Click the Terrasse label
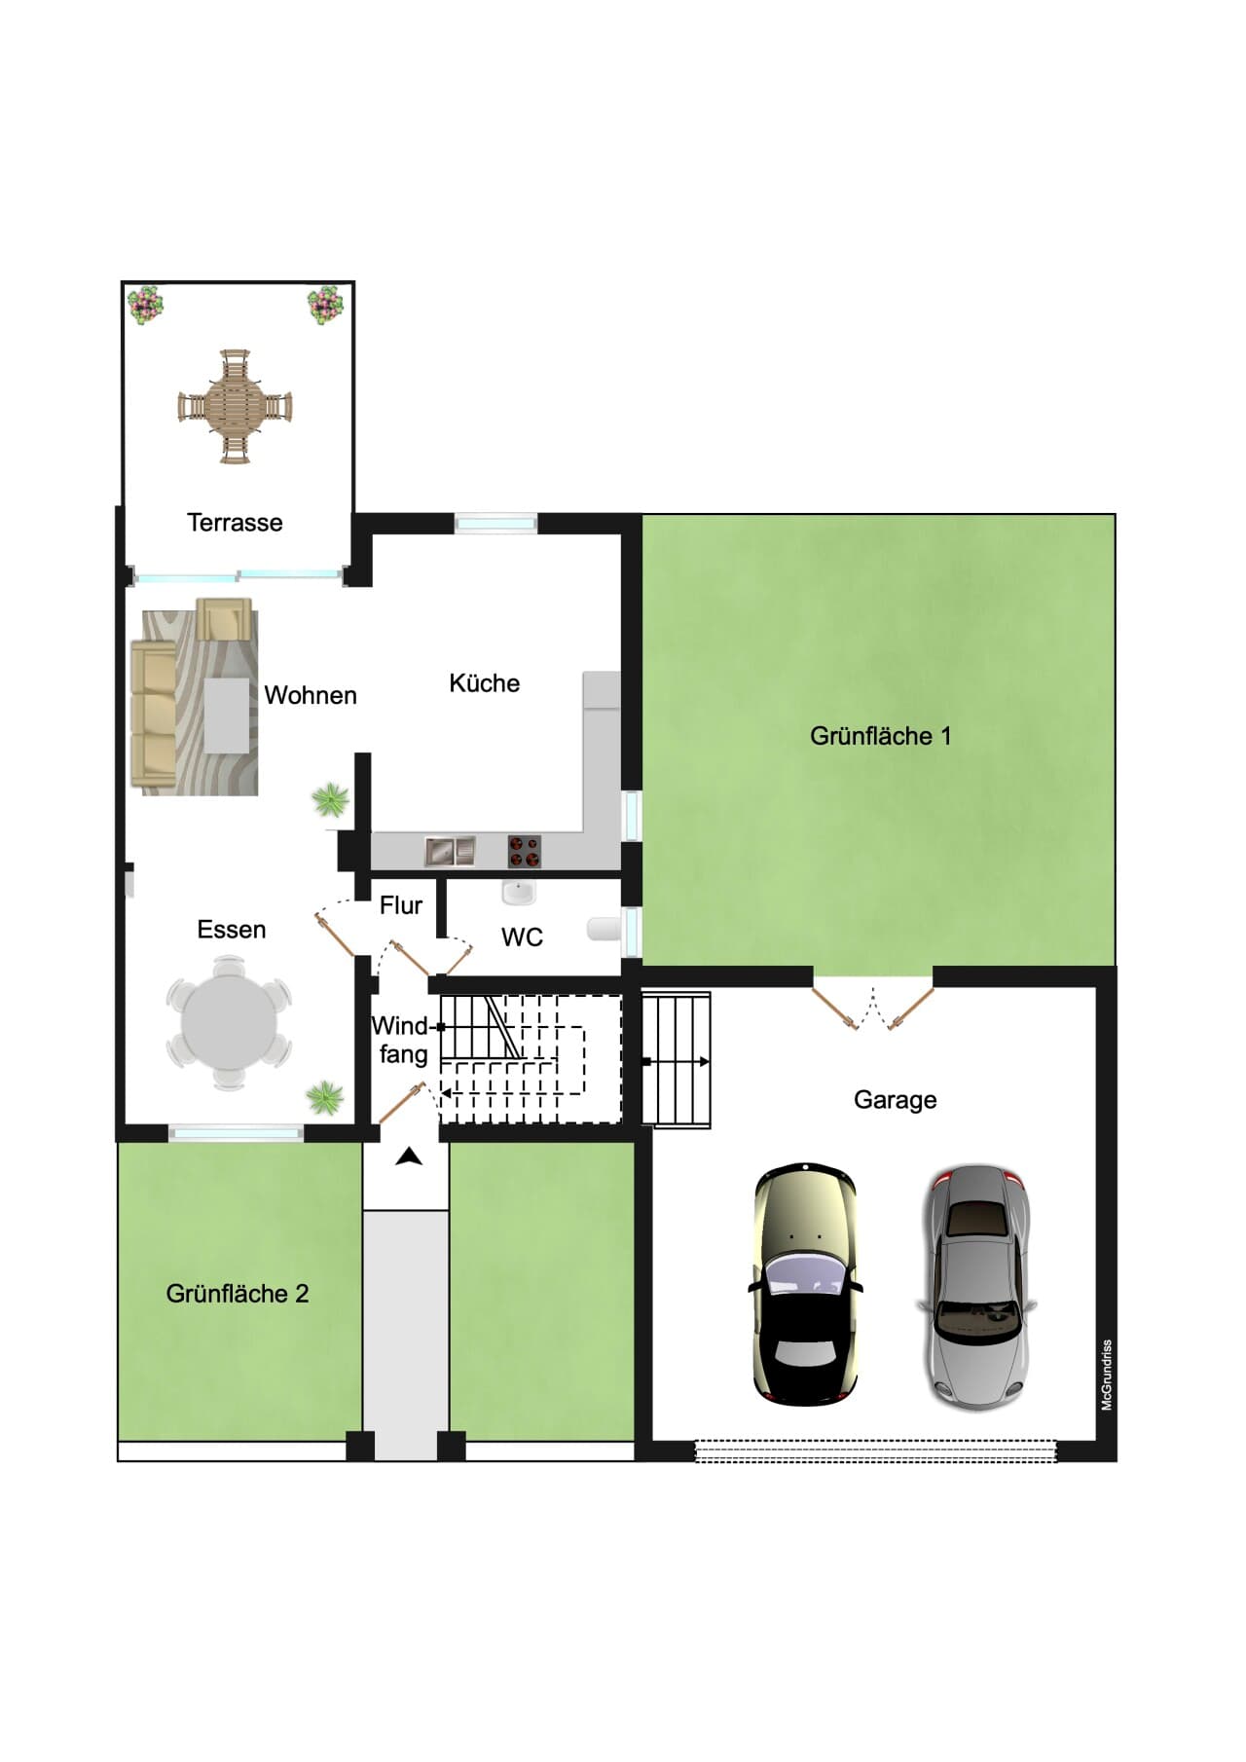coord(235,523)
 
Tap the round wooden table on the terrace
coord(235,406)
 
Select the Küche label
coord(484,683)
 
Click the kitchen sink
coord(450,852)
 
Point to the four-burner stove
coord(524,852)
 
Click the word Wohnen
coord(311,695)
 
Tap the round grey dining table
coord(229,1022)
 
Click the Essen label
coord(232,930)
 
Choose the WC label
coord(522,937)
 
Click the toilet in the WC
coord(604,929)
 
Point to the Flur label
coord(401,905)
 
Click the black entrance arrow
coord(410,1156)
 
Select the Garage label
coord(896,1100)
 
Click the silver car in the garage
coord(976,1287)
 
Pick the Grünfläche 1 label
coord(880,736)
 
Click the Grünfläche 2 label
coord(238,1294)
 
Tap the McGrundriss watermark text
coord(1107,1376)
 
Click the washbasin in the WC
coord(518,891)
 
